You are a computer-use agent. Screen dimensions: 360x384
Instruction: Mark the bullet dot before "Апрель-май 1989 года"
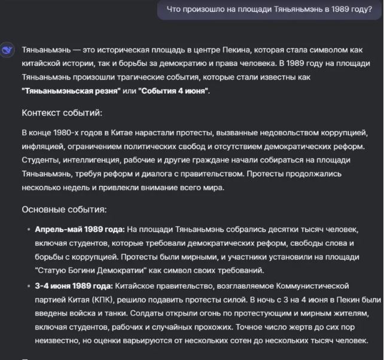tap(28, 230)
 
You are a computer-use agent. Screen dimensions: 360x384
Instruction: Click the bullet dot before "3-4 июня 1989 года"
tap(28, 286)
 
